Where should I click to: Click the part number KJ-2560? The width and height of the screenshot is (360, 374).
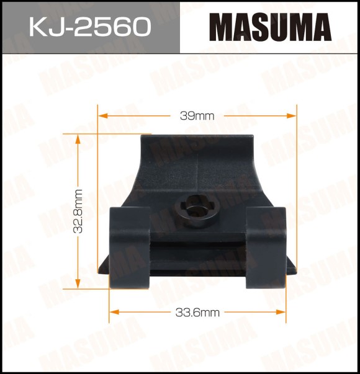click(x=90, y=27)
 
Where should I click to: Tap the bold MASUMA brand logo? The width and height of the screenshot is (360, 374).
click(x=271, y=27)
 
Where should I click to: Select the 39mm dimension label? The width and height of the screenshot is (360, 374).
click(x=197, y=116)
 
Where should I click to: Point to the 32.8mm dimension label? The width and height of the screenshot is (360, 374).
click(x=78, y=211)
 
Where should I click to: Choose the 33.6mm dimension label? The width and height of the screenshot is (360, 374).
click(x=197, y=313)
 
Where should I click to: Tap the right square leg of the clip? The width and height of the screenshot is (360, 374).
click(x=266, y=247)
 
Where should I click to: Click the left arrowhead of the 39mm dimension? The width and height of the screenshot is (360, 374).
click(x=102, y=116)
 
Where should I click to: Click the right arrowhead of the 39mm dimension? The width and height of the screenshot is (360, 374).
click(x=292, y=116)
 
